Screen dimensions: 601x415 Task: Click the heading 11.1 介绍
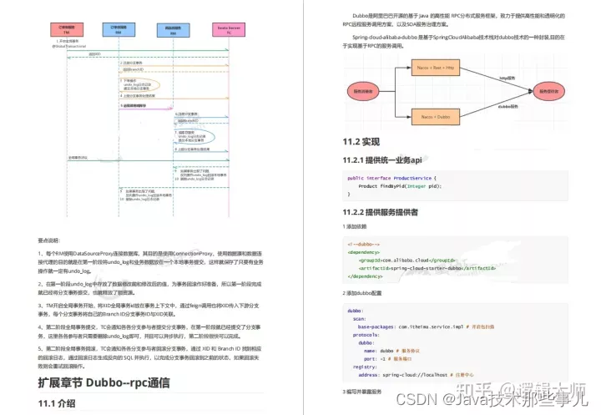click(x=58, y=404)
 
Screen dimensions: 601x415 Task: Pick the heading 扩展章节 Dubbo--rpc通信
click(x=104, y=383)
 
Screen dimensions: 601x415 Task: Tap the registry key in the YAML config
click(x=361, y=366)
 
